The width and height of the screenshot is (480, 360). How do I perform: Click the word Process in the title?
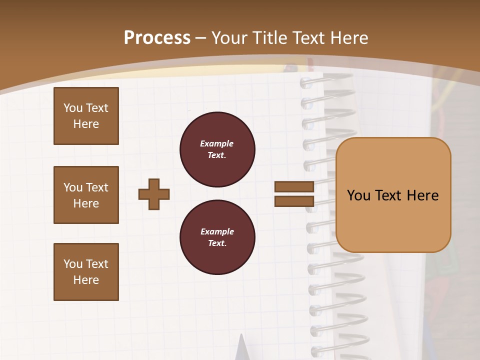[157, 38]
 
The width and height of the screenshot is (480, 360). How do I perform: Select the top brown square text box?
[86, 116]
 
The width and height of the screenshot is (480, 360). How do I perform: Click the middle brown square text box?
[86, 195]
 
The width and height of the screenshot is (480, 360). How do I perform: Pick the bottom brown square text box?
[86, 272]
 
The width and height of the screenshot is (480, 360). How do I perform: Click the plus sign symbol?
[154, 194]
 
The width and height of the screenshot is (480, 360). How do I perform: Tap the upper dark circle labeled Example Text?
[217, 149]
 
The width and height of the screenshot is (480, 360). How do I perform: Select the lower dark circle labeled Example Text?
[217, 237]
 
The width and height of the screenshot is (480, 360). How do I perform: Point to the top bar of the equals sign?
[294, 186]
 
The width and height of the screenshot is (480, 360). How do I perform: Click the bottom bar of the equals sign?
[294, 201]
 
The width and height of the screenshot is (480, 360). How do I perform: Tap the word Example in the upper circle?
[217, 144]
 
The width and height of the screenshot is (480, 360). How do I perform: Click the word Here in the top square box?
[86, 124]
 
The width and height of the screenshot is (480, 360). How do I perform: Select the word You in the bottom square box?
[73, 264]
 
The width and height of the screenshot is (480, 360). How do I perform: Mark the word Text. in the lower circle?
[217, 243]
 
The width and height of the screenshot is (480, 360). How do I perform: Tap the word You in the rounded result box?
[358, 195]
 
